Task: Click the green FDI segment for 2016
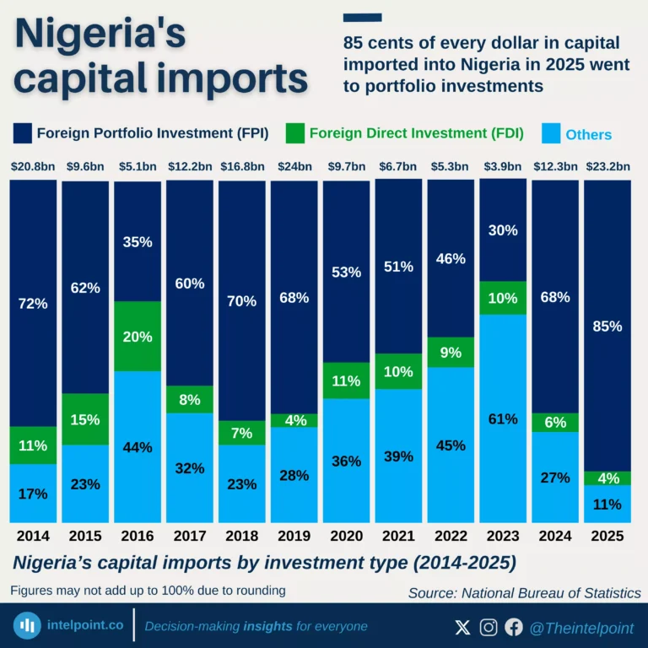pyautogui.click(x=137, y=336)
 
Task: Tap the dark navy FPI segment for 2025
pyautogui.click(x=607, y=326)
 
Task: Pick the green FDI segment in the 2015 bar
pyautogui.click(x=85, y=418)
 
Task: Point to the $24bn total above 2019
pyautogui.click(x=293, y=166)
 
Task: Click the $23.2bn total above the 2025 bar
pyautogui.click(x=607, y=166)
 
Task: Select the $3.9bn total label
pyautogui.click(x=502, y=166)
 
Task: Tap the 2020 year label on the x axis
pyautogui.click(x=345, y=536)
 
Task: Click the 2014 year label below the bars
pyautogui.click(x=33, y=536)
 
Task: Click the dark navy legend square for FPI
pyautogui.click(x=23, y=133)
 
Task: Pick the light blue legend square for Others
pyautogui.click(x=549, y=133)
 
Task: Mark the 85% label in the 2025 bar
pyautogui.click(x=607, y=326)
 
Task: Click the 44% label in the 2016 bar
pyautogui.click(x=137, y=447)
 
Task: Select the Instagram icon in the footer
pyautogui.click(x=489, y=627)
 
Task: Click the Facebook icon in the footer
pyautogui.click(x=514, y=627)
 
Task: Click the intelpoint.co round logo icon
pyautogui.click(x=30, y=626)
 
